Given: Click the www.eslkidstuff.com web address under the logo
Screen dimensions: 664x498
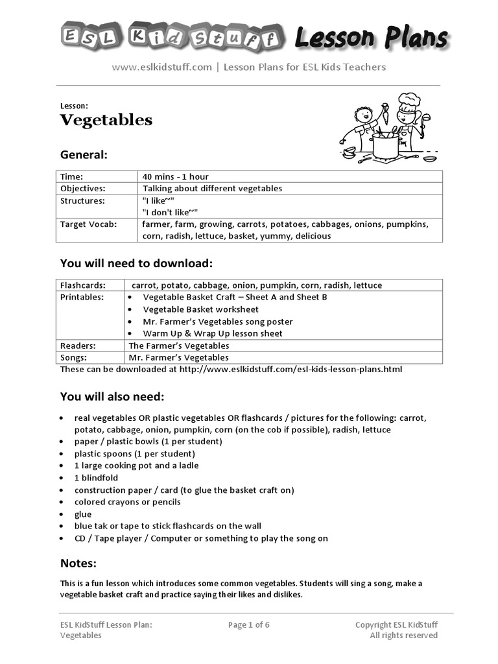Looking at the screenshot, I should coord(161,67).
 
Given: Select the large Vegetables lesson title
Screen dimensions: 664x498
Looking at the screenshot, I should coord(106,120).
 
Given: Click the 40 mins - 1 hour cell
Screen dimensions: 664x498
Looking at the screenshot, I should coord(175,176).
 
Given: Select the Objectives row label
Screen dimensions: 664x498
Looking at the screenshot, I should coord(82,188).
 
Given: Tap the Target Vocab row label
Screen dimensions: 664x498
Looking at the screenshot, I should coord(88,224).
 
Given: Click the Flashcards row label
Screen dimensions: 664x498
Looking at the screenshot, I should coord(82,285).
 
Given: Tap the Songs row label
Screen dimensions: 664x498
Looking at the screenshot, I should coord(73,357).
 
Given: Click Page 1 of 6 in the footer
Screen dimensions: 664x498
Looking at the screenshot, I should coord(248,625).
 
